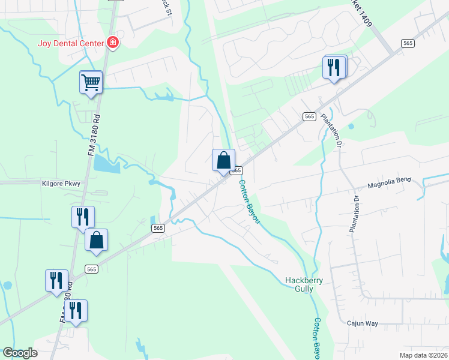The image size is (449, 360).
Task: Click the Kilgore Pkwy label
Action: [x=61, y=183]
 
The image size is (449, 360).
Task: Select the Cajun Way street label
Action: [x=363, y=323]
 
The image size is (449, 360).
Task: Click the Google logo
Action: [x=20, y=352]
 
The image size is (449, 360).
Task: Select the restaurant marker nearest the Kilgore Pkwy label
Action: [x=82, y=217]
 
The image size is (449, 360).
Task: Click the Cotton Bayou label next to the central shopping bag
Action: [x=249, y=202]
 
